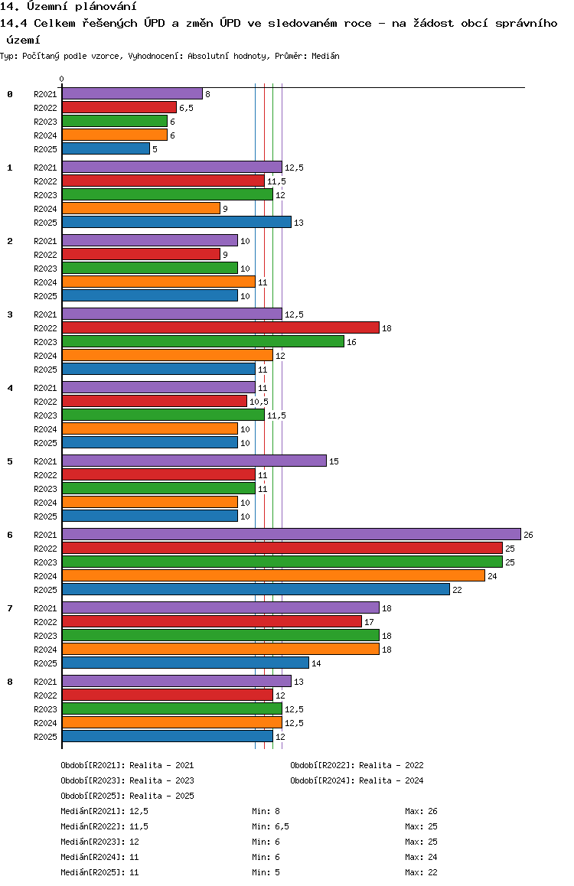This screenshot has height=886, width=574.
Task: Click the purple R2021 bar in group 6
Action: tap(292, 534)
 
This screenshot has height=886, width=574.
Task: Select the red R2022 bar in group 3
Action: tap(221, 327)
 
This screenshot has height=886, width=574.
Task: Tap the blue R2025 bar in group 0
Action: tap(106, 148)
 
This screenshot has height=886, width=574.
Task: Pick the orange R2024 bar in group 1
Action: tap(142, 209)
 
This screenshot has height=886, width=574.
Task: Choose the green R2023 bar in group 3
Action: tap(204, 341)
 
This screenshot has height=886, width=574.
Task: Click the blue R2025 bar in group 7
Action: tap(186, 663)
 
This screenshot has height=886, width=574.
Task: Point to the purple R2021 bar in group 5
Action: tap(194, 461)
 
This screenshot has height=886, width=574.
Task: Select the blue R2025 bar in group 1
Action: tap(177, 222)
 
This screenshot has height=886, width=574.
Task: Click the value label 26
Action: tap(528, 535)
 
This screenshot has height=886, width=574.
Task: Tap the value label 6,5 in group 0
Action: tap(187, 108)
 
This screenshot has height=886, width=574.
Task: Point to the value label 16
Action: tap(351, 343)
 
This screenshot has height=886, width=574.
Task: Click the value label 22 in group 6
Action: tap(457, 590)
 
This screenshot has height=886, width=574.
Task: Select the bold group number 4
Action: tap(10, 388)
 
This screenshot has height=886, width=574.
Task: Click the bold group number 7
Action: tap(10, 608)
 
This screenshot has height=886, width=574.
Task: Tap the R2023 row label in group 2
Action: tap(45, 269)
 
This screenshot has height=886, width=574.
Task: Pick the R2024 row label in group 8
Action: tap(45, 723)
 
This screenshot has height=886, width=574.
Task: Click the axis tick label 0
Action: tap(61, 79)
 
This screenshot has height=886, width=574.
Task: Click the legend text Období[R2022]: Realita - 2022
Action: tap(357, 765)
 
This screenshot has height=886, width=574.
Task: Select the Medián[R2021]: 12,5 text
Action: tap(105, 812)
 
